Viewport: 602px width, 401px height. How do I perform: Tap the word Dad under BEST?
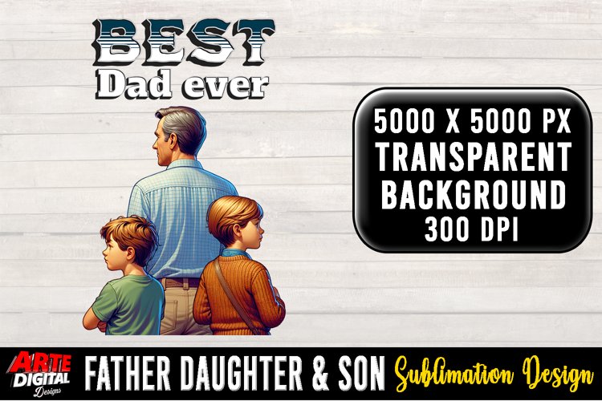pos(133,83)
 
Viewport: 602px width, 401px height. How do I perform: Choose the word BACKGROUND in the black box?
pos(473,195)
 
